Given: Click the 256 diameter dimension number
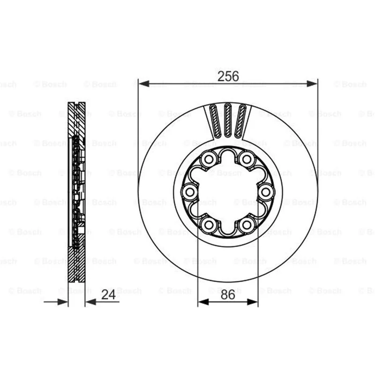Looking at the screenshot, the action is pyautogui.click(x=228, y=76).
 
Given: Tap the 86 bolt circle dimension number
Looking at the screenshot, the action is pyautogui.click(x=228, y=295).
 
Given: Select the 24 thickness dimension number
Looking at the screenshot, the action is pyautogui.click(x=108, y=294).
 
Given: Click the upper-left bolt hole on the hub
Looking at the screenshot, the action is pyautogui.click(x=209, y=159).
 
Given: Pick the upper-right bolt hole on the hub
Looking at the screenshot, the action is pyautogui.click(x=247, y=159).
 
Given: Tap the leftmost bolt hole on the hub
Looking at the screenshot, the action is pyautogui.click(x=190, y=192).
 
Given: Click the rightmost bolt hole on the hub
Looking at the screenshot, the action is pyautogui.click(x=266, y=192).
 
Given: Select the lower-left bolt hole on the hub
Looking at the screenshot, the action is pyautogui.click(x=209, y=225).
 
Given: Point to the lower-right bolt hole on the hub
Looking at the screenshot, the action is pyautogui.click(x=247, y=225).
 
